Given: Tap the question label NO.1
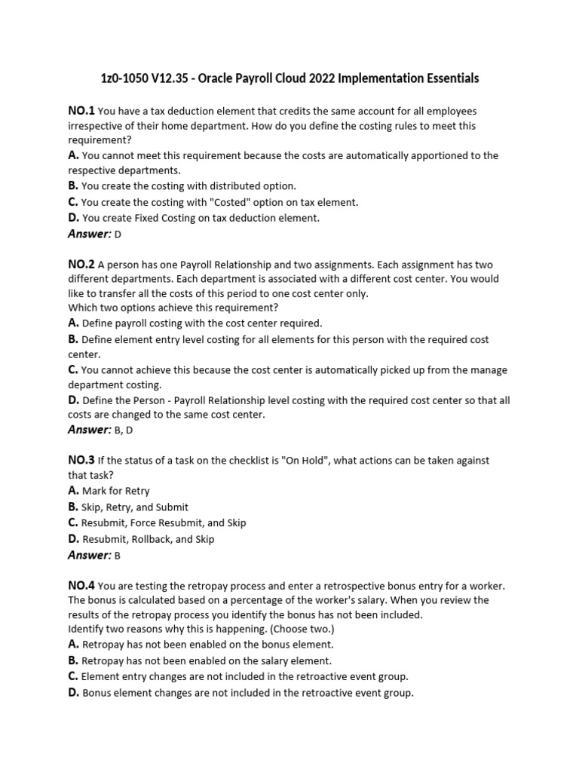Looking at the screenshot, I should (x=81, y=111).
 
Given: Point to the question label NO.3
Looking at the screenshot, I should (x=81, y=460).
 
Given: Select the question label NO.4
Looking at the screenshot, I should (x=81, y=585).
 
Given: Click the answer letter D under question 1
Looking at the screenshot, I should (x=118, y=234).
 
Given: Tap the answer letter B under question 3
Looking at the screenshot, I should (x=118, y=556).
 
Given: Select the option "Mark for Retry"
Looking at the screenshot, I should (x=116, y=491).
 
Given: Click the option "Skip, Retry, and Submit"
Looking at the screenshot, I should (x=135, y=507).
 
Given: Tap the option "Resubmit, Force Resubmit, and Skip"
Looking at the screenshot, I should (x=164, y=522).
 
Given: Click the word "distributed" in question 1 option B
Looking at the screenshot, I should (x=225, y=185).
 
